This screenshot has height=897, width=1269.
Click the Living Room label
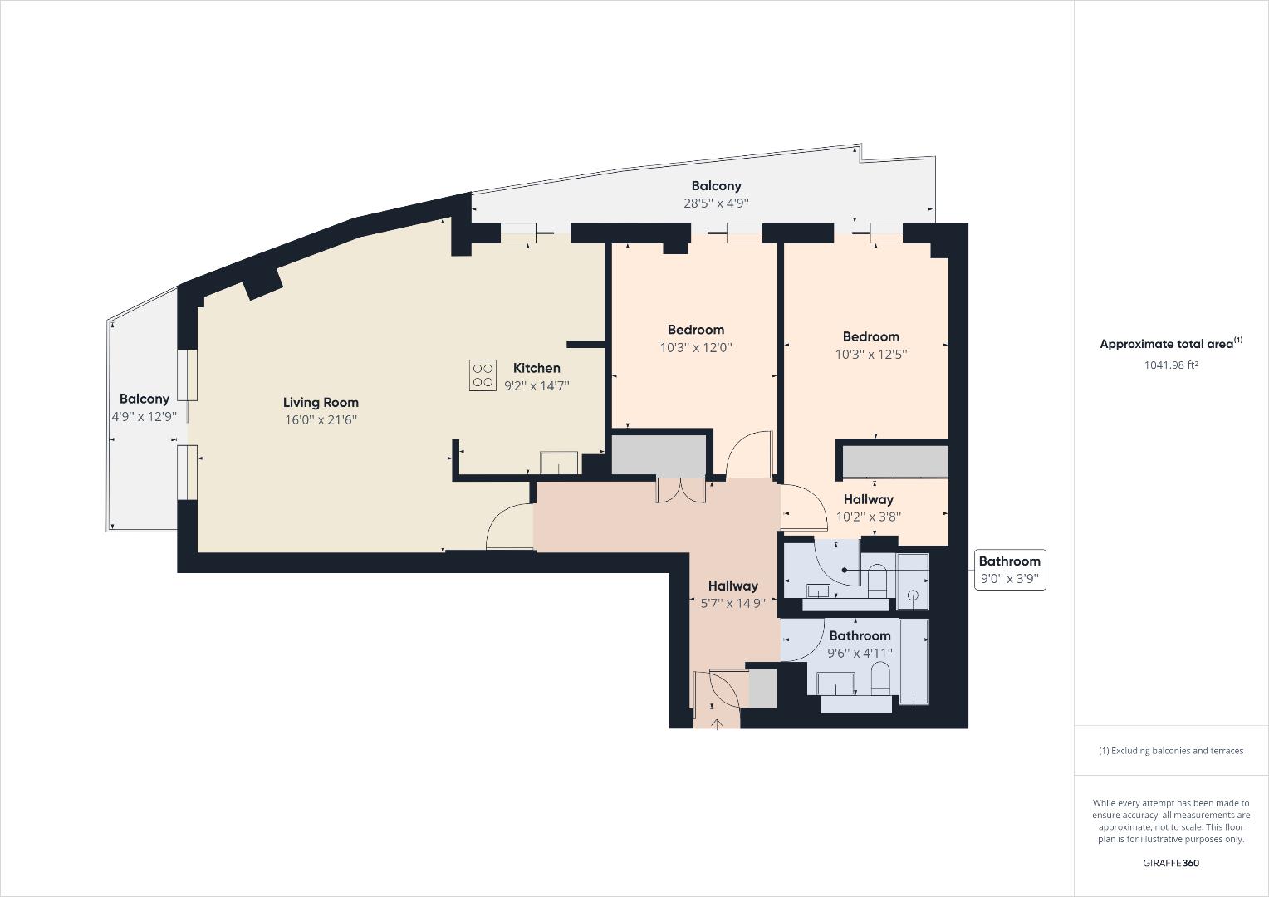(x=321, y=403)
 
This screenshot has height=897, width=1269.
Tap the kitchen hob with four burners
(x=483, y=375)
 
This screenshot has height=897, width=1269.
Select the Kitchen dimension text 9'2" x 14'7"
(x=537, y=385)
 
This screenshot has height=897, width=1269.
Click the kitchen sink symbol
(x=559, y=462)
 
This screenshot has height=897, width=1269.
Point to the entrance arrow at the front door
(x=716, y=723)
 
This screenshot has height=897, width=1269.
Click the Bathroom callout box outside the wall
(x=1009, y=570)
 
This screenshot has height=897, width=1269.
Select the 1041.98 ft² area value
(x=1170, y=365)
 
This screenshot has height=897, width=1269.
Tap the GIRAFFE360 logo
(x=1170, y=863)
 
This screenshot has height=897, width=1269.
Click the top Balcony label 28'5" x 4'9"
(x=716, y=186)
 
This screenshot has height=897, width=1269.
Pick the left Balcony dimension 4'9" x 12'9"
(x=145, y=417)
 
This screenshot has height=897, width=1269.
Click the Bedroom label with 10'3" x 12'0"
(x=695, y=330)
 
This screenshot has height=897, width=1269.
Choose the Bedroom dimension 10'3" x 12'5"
(x=870, y=355)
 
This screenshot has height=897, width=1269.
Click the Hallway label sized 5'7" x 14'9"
(x=732, y=586)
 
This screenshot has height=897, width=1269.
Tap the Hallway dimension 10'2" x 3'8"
(x=868, y=517)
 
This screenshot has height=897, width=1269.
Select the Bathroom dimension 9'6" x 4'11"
(x=860, y=654)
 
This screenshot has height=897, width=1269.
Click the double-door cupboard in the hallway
(x=680, y=490)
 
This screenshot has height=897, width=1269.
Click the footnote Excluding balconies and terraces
(x=1171, y=751)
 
